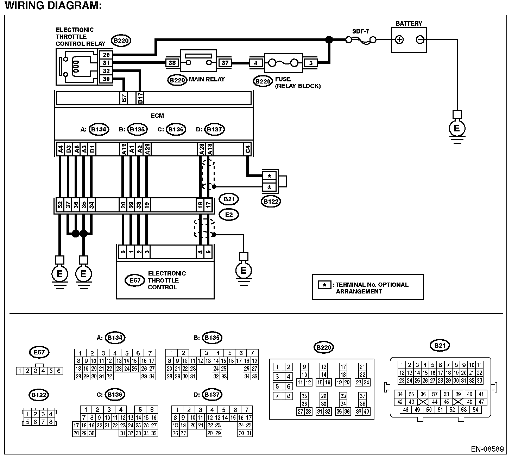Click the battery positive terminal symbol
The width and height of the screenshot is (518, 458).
click(x=399, y=40)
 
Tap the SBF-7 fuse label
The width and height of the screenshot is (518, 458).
click(x=360, y=31)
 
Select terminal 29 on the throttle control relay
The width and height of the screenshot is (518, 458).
click(x=106, y=55)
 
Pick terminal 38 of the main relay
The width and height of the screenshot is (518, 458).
click(x=172, y=63)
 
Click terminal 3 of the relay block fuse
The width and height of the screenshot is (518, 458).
click(x=311, y=63)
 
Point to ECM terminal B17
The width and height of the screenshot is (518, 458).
click(x=140, y=98)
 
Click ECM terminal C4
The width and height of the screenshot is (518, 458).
click(x=247, y=149)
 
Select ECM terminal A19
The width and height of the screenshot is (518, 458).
click(x=124, y=149)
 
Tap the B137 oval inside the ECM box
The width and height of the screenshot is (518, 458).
click(x=214, y=129)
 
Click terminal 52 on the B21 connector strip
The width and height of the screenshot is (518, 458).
click(x=60, y=205)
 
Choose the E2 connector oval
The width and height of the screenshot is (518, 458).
click(x=229, y=215)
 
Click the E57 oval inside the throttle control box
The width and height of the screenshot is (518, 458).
click(x=135, y=280)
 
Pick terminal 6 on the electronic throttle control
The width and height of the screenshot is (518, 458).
click(x=208, y=252)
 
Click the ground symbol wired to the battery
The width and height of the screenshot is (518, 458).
click(x=457, y=128)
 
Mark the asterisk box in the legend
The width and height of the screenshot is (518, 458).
click(x=324, y=285)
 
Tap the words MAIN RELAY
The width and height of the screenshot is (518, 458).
click(x=207, y=79)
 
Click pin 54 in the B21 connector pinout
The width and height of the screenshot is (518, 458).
click(x=475, y=410)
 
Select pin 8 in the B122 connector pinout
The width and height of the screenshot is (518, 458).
click(x=51, y=422)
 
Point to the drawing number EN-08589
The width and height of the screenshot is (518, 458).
click(x=487, y=449)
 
